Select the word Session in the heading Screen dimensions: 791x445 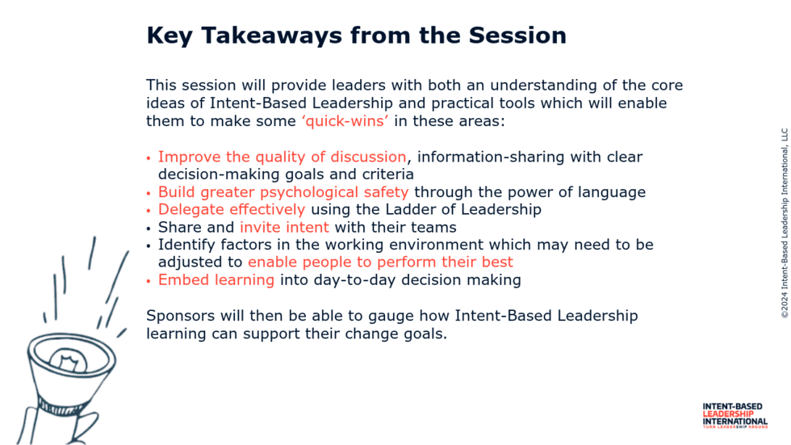pos(517,36)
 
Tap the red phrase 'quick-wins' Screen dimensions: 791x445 pos(345,121)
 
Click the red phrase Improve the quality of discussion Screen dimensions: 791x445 pos(282,157)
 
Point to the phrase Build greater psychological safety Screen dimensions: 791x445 pos(283,192)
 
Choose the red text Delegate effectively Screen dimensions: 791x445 pos(232,209)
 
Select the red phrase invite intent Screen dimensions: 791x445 pos(284,227)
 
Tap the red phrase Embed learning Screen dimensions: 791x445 pos(216,280)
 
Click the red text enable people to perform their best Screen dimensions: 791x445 pos(380,262)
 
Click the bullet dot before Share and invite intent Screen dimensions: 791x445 pos(149,229)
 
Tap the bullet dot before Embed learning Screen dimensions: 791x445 pos(149,282)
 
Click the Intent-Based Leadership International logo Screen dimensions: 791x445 pos(735,416)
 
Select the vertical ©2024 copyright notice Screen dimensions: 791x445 pos(785,224)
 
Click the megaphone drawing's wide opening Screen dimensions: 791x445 pos(72,355)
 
